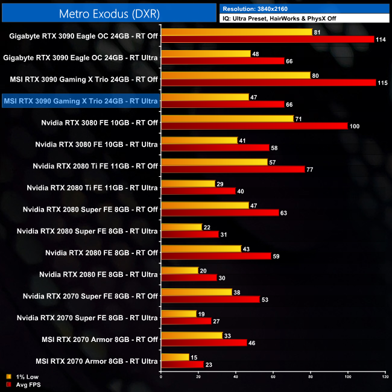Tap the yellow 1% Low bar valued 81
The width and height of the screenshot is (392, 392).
tap(236, 32)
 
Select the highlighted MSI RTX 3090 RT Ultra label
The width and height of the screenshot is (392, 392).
tap(81, 101)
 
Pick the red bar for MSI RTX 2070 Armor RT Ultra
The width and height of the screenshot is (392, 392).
tap(182, 364)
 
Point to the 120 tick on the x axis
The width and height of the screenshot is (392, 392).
tap(385, 378)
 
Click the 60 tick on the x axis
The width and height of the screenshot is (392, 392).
tap(273, 378)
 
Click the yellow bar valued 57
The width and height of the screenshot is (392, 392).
tap(214, 162)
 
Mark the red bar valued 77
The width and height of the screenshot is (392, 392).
tap(233, 169)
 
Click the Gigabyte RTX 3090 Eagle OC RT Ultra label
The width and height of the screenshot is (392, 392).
tap(81, 57)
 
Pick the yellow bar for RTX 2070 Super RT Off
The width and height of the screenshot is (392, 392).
tap(197, 292)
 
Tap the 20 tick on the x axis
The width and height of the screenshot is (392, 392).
tap(198, 378)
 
